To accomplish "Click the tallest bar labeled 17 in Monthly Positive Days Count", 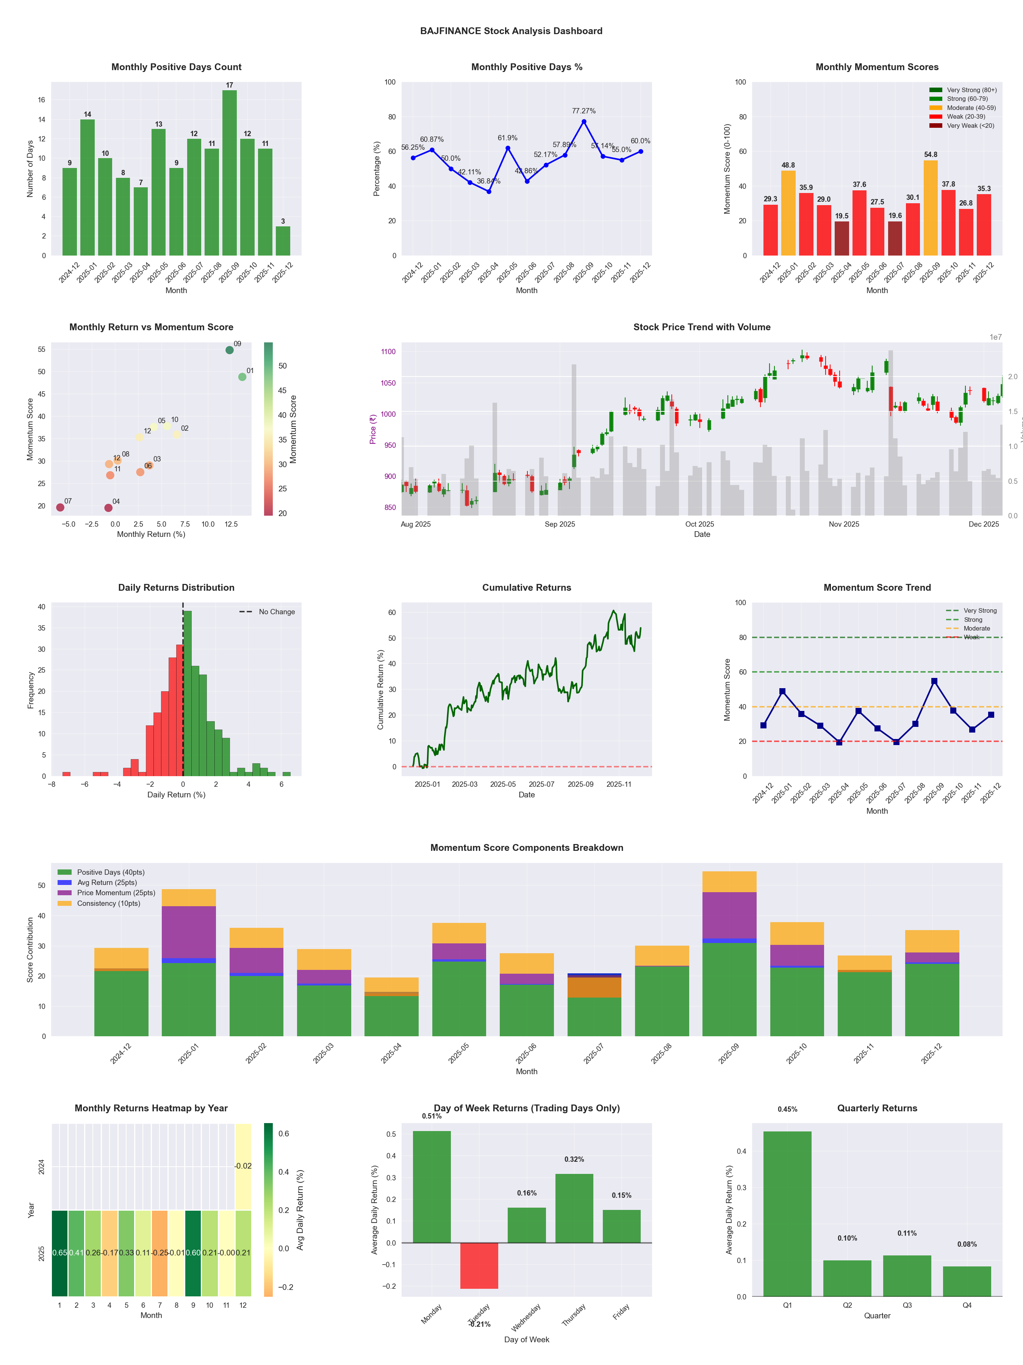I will click(x=229, y=173).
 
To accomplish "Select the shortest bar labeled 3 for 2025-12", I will click(x=283, y=241).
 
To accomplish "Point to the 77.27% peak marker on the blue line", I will click(x=584, y=122).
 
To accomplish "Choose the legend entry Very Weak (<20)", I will click(x=970, y=126).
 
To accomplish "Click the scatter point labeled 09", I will click(x=229, y=350).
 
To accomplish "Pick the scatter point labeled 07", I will click(x=60, y=507).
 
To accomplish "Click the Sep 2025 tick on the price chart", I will click(x=559, y=524).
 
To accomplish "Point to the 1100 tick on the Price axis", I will click(x=388, y=352).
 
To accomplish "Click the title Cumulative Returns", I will click(x=527, y=587).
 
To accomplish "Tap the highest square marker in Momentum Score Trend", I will click(x=934, y=681).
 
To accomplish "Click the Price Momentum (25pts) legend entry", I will click(x=116, y=893).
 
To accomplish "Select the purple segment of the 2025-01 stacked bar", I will click(x=189, y=932).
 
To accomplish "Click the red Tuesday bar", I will click(x=479, y=1265).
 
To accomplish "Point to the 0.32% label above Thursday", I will click(x=574, y=1159).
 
